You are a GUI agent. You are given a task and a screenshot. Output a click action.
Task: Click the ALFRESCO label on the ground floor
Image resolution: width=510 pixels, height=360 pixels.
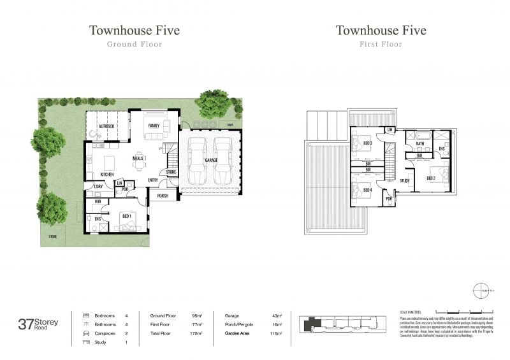[x=105, y=127]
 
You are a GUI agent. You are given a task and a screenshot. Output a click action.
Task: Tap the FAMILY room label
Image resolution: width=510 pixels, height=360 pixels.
[x=154, y=126]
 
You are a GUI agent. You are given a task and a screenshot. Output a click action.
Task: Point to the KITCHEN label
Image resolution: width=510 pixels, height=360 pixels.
[x=107, y=175]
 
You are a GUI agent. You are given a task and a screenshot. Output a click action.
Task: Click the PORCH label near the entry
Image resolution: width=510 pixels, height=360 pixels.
[x=163, y=196]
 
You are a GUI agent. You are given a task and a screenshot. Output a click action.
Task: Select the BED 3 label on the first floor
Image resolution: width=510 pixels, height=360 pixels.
[x=367, y=144]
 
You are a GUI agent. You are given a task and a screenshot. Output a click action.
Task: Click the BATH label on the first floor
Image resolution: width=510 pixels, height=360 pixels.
[x=420, y=144]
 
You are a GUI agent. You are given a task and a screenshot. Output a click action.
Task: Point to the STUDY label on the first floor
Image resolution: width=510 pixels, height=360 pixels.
[x=404, y=180]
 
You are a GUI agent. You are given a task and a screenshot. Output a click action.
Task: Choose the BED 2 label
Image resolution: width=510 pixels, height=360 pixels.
[x=431, y=178]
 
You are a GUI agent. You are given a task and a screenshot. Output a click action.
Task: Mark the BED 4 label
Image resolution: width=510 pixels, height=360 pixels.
[x=367, y=190]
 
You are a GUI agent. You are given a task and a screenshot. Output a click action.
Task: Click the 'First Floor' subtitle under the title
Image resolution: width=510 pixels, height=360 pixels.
[x=381, y=45]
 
